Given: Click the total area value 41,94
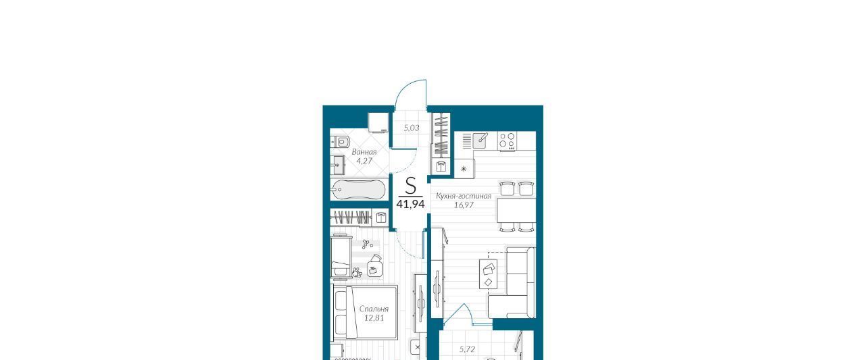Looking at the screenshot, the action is point(410,204).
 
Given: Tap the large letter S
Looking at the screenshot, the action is point(410,186).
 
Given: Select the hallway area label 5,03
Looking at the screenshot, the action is point(412,128).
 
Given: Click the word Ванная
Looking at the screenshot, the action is point(364,152).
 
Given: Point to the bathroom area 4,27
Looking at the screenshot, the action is point(364,161).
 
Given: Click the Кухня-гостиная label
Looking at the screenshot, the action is point(464,196).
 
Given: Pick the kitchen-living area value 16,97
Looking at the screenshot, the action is point(464,205).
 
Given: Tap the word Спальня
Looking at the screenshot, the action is point(374,309).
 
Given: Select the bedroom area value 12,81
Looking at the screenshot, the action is point(374,318).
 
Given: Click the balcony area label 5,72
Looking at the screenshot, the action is point(467,349).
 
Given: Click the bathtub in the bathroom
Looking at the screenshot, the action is point(358,189).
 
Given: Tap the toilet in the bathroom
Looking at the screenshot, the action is point(341,143).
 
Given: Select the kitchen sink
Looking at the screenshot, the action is point(480,140).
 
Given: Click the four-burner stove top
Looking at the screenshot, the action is point(507,141).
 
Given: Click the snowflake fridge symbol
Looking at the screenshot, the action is point(464,169).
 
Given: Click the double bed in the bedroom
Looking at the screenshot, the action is point(364,313).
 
